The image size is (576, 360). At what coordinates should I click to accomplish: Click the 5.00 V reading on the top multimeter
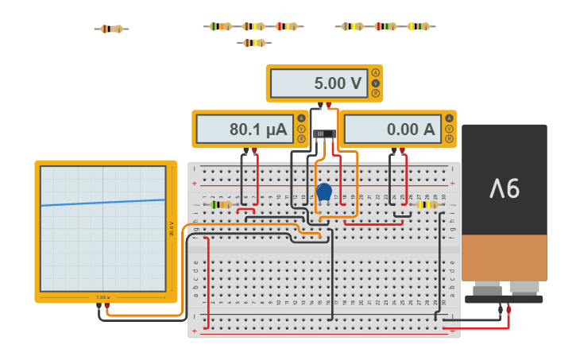pos(337,83)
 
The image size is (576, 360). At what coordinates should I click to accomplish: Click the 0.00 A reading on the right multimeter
pos(411,130)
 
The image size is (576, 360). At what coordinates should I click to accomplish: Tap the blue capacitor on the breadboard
pos(323,192)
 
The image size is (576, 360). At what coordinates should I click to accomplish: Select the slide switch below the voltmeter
pos(323,134)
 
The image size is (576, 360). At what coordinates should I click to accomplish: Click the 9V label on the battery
pos(504,188)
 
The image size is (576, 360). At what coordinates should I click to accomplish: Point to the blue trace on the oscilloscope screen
pos(103,202)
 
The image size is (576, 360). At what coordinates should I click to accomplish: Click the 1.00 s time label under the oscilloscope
pos(102,297)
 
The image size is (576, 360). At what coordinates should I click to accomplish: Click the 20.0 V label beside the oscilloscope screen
pos(172,229)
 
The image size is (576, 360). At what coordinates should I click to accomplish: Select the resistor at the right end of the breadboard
pos(427,204)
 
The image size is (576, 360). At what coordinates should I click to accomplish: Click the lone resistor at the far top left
pos(111,29)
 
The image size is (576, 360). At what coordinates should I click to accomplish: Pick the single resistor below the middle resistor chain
pos(253,42)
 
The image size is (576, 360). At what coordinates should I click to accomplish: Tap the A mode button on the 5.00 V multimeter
pos(375,72)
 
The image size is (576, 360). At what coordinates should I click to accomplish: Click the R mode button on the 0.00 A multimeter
pos(449,139)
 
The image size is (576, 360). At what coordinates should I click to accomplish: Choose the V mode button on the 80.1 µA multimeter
pos(301,129)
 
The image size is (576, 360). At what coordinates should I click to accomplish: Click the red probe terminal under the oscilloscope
pos(107,305)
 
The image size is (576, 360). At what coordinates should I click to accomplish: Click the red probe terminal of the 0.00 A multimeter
pos(403,149)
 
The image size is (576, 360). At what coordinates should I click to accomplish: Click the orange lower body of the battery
pos(504,257)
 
